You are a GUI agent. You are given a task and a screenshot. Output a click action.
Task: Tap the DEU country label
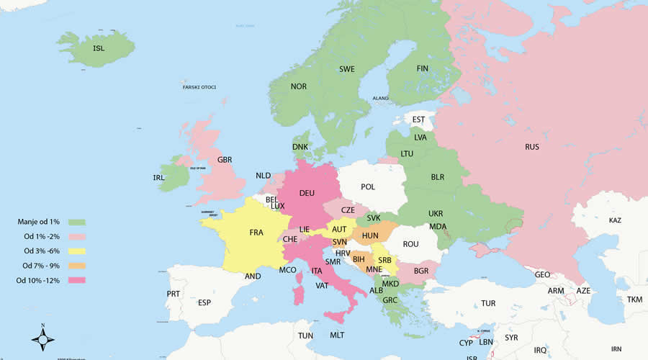click(x=307, y=193)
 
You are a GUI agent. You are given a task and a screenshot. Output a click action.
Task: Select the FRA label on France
click(x=256, y=233)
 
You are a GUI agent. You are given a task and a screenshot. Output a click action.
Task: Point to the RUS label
click(x=532, y=147)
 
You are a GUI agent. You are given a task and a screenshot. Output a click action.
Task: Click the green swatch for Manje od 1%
click(x=76, y=222)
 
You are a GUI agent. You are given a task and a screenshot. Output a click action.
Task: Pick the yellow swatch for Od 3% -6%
click(x=76, y=251)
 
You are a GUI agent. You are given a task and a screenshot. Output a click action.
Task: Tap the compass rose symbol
click(x=43, y=338)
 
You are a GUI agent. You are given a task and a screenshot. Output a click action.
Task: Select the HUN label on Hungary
click(x=370, y=235)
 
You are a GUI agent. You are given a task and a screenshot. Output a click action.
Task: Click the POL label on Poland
click(x=368, y=187)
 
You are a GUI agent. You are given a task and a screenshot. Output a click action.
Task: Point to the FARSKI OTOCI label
click(x=199, y=87)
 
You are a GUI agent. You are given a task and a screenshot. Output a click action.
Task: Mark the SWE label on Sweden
click(x=347, y=69)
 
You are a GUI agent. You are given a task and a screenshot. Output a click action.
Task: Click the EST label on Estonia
click(x=419, y=120)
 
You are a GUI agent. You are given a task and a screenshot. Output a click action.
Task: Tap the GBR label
click(x=225, y=160)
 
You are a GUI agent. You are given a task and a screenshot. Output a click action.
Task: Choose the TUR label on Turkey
click(x=488, y=303)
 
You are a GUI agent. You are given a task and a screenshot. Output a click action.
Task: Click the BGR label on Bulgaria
click(x=421, y=271)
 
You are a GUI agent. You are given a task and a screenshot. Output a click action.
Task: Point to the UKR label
click(x=436, y=214)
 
